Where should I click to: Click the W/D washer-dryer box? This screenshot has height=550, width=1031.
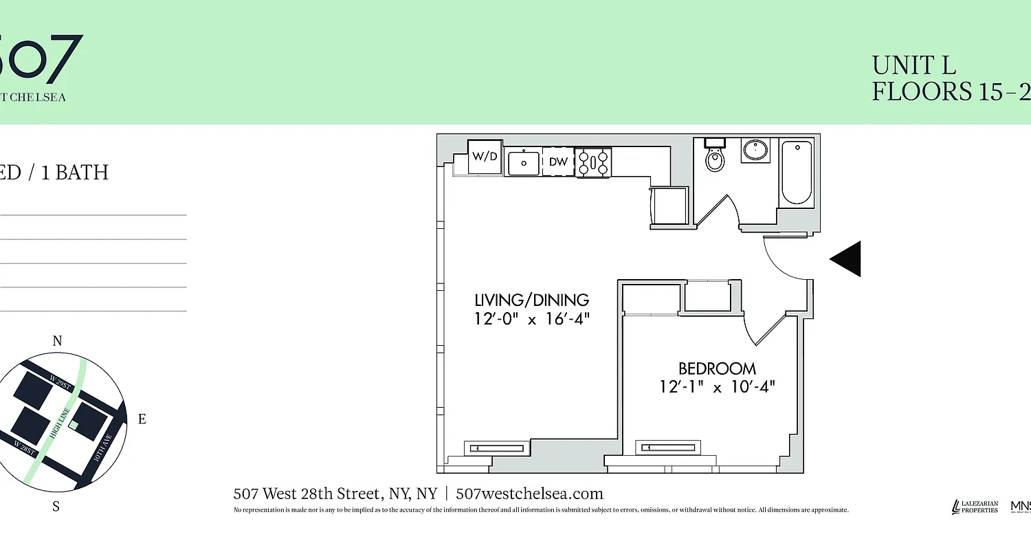tap(485, 156)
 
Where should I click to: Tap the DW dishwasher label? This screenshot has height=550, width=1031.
tap(558, 162)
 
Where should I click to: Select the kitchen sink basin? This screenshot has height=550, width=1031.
tap(524, 163)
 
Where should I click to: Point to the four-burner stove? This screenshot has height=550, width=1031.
tap(592, 162)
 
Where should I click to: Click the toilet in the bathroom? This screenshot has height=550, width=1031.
tap(716, 157)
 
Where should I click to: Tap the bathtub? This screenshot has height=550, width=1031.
tap(797, 172)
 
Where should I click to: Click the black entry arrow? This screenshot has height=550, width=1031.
tap(846, 259)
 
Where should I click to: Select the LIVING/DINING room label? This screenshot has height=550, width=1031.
tap(532, 300)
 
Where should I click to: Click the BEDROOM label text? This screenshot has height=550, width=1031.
tap(717, 368)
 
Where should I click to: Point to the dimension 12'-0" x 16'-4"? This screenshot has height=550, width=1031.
tap(532, 319)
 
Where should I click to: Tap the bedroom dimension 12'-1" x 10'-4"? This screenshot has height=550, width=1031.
tap(716, 387)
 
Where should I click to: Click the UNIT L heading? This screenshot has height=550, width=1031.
tap(913, 66)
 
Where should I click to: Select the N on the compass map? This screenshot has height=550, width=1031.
tap(58, 341)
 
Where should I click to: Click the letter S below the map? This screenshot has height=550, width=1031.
tap(56, 507)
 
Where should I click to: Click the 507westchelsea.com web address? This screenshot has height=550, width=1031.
tap(529, 494)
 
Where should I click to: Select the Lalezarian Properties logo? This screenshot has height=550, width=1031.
tap(975, 507)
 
